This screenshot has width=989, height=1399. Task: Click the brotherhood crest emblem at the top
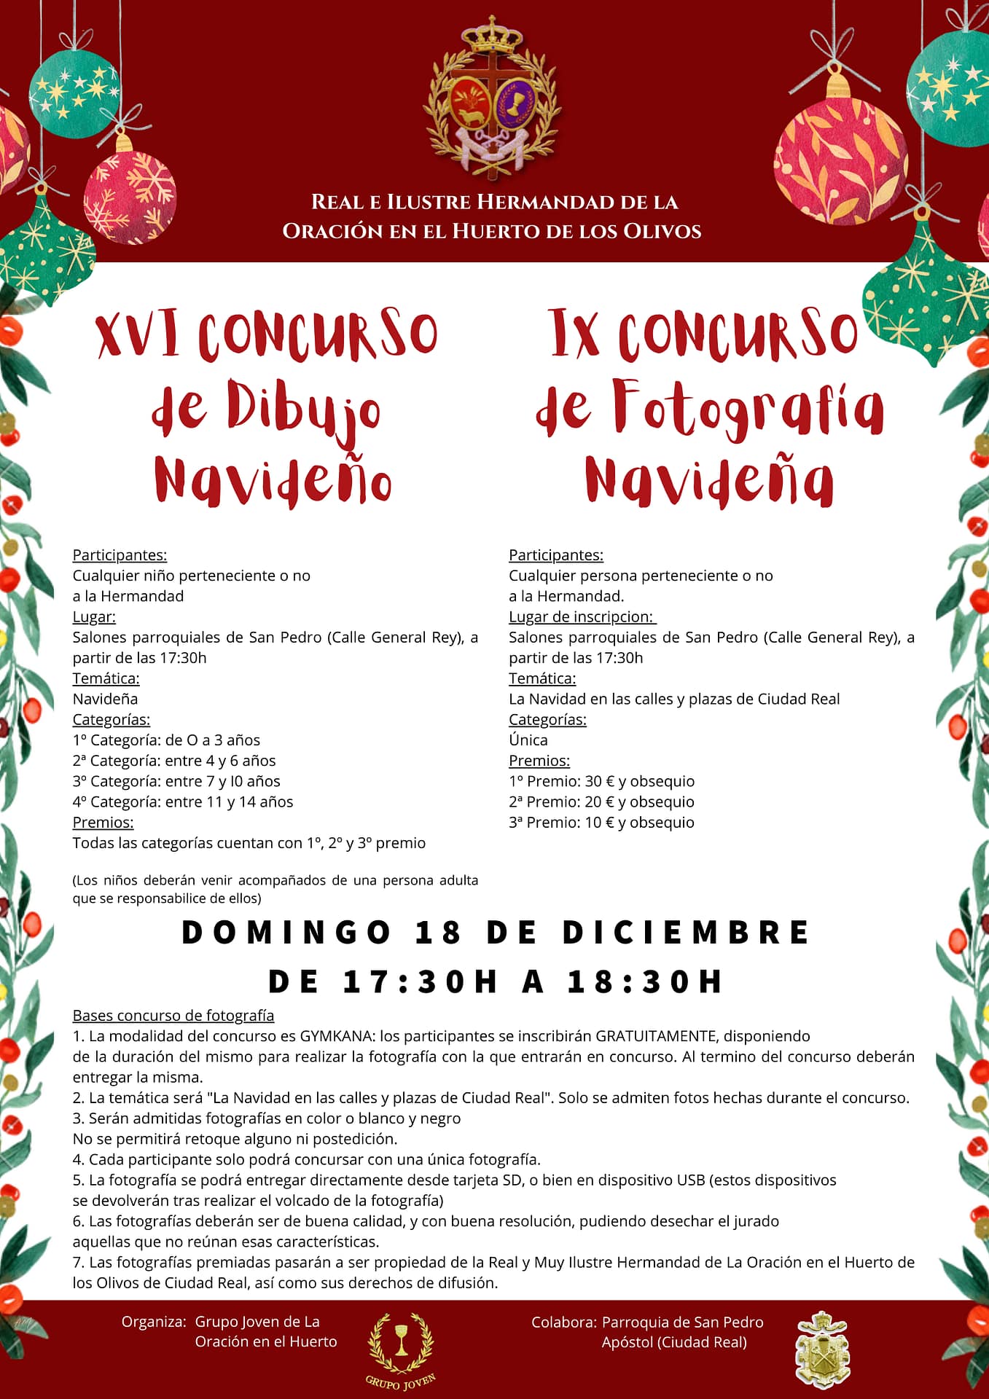coord(493,102)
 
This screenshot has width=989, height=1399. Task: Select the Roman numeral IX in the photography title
coord(575,333)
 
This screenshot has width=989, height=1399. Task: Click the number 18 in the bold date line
coord(438,933)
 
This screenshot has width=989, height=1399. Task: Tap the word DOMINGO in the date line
coord(286,933)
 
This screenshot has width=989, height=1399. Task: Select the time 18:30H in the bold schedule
coord(644,981)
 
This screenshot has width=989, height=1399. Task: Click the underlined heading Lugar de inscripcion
coord(582,617)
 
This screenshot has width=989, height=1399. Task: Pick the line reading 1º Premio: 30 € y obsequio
coord(601,781)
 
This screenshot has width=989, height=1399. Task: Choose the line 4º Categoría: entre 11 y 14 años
coord(183,802)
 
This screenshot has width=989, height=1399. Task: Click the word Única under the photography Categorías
coord(528,740)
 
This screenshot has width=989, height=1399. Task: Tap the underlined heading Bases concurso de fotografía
coord(173,1016)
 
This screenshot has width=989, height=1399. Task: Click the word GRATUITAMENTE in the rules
coord(657,1036)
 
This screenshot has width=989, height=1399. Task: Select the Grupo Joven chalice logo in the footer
coord(401,1342)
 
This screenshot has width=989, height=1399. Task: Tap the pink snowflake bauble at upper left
coord(130,197)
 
